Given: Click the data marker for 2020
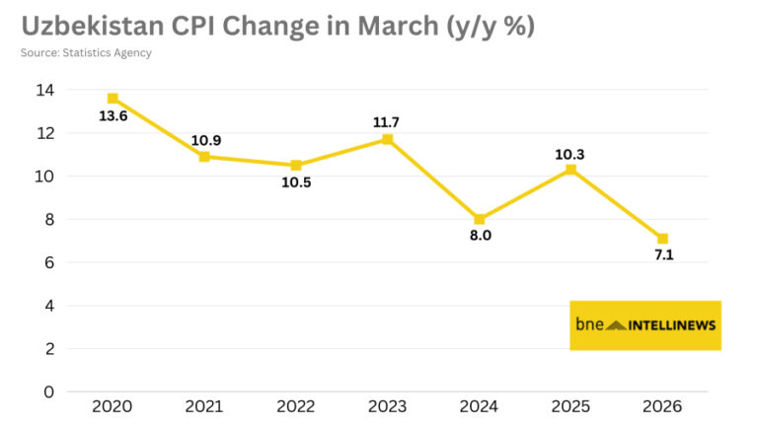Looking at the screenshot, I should tap(113, 99).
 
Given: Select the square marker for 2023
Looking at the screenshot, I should tap(387, 139).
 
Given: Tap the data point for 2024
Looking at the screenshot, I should tap(479, 219).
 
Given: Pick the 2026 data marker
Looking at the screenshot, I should tap(662, 239).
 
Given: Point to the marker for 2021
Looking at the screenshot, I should tap(204, 157).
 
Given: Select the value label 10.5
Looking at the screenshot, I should tap(295, 183).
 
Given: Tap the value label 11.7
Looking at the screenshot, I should tap(387, 122).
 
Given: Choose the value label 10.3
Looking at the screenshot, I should tap(570, 153).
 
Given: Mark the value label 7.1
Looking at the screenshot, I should tap(662, 256).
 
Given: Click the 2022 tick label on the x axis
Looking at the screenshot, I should tap(295, 406).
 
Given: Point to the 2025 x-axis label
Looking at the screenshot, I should tap(570, 406).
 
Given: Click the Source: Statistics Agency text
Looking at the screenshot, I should tap(86, 52).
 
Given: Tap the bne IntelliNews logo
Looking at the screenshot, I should tap(645, 324).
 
